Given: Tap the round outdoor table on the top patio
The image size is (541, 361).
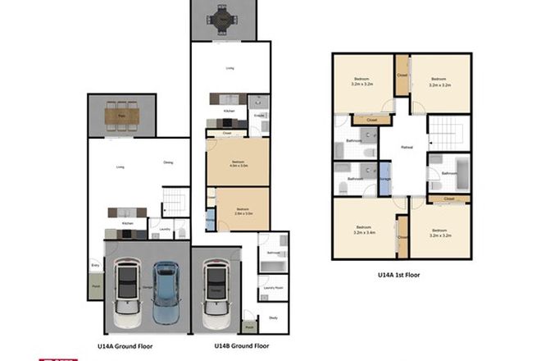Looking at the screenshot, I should pos(222,17).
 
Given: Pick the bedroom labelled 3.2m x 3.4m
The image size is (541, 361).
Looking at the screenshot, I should pos(363,230).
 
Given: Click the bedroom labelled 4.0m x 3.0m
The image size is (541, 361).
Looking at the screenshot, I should pos(237,163).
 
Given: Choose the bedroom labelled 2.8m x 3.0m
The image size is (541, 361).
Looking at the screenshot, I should pos(243,210).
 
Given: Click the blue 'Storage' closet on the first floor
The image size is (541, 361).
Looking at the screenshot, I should pos(385,178).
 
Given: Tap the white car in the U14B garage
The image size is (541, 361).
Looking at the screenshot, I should pos(216,291).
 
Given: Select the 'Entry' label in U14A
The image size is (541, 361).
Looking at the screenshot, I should pos(96,265).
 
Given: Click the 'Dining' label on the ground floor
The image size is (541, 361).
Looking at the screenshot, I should pos(168,162).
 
